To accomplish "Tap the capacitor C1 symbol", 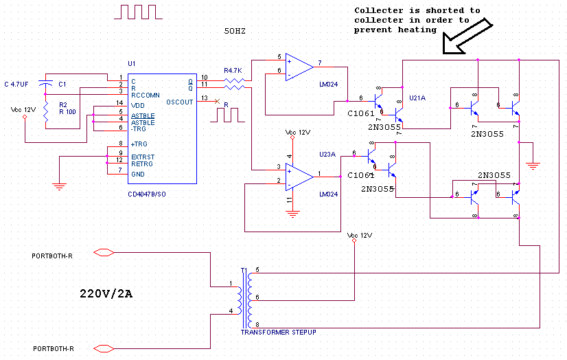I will click(x=45, y=84).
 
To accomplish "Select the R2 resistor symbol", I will click(x=45, y=113).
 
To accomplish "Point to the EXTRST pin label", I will click(x=143, y=157).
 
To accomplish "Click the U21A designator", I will click(x=418, y=99).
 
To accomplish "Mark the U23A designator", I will click(x=327, y=155).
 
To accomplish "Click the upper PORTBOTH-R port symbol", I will click(x=103, y=254).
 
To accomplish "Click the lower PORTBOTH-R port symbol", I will click(x=103, y=348).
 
